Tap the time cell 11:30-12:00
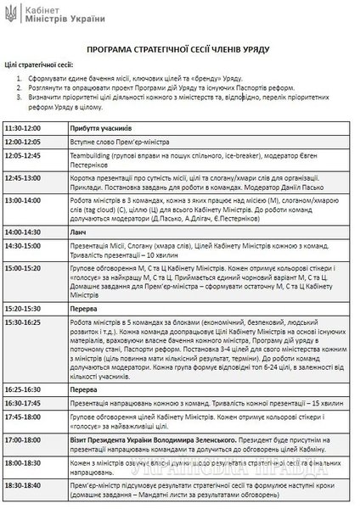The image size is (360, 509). coord(23,128)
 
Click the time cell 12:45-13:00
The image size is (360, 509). coord(23,181)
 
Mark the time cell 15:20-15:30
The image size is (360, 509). coord(23,299)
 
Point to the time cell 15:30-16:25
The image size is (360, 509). coord(23,312)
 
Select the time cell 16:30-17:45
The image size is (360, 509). coord(23,379)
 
